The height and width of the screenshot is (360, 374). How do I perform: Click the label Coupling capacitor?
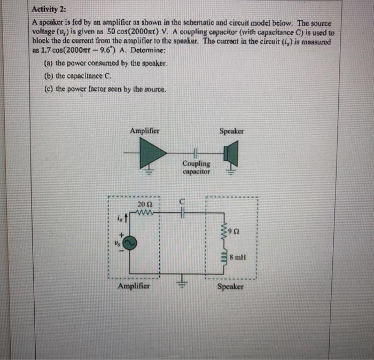pyautogui.click(x=196, y=167)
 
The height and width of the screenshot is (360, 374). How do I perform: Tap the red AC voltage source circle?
pyautogui.click(x=131, y=243)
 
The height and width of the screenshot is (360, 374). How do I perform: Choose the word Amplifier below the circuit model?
pyautogui.click(x=134, y=286)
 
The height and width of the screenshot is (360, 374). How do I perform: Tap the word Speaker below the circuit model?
pyautogui.click(x=231, y=287)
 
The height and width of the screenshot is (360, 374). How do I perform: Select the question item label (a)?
pyautogui.click(x=46, y=63)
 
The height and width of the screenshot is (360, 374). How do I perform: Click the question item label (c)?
pyautogui.click(x=46, y=89)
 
